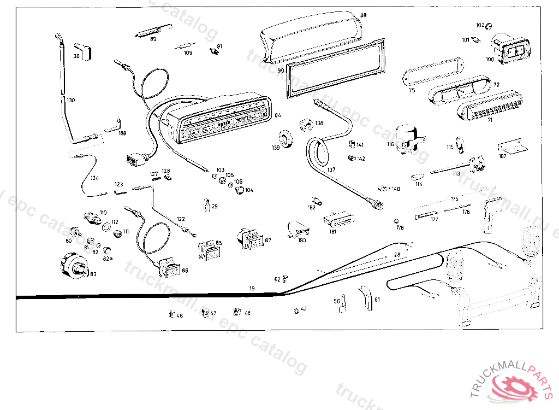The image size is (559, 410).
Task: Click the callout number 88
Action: click(x=364, y=15)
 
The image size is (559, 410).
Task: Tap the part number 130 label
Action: click(x=71, y=100)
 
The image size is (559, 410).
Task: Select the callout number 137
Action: click(x=331, y=169)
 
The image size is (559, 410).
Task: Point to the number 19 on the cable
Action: click(x=252, y=288)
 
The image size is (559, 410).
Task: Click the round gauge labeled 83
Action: click(x=74, y=267)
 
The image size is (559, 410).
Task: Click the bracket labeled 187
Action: click(x=512, y=148)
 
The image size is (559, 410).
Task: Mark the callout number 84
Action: click(x=277, y=115)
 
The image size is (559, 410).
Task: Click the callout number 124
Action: click(x=94, y=178)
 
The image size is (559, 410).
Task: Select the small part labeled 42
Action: click(x=296, y=310)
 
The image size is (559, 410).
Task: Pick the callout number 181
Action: click(x=332, y=232)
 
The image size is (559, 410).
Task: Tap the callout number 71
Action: click(x=490, y=119)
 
